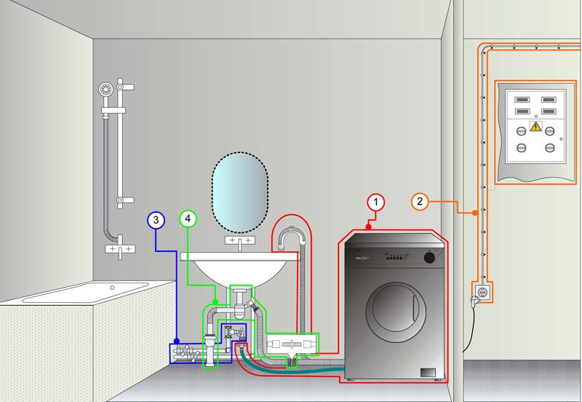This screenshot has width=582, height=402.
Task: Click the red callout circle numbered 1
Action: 375,201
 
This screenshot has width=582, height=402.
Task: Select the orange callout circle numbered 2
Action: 420,201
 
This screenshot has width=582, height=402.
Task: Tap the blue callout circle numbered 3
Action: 156,218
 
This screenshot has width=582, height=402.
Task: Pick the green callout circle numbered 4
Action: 188,218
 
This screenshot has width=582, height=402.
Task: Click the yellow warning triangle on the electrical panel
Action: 535,127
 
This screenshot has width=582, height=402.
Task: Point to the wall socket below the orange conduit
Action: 482,291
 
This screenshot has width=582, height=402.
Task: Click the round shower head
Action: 107,89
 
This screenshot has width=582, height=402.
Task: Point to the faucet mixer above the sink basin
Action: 239,240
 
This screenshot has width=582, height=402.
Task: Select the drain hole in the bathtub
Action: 113,287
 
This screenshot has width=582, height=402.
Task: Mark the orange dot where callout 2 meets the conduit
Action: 475,213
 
